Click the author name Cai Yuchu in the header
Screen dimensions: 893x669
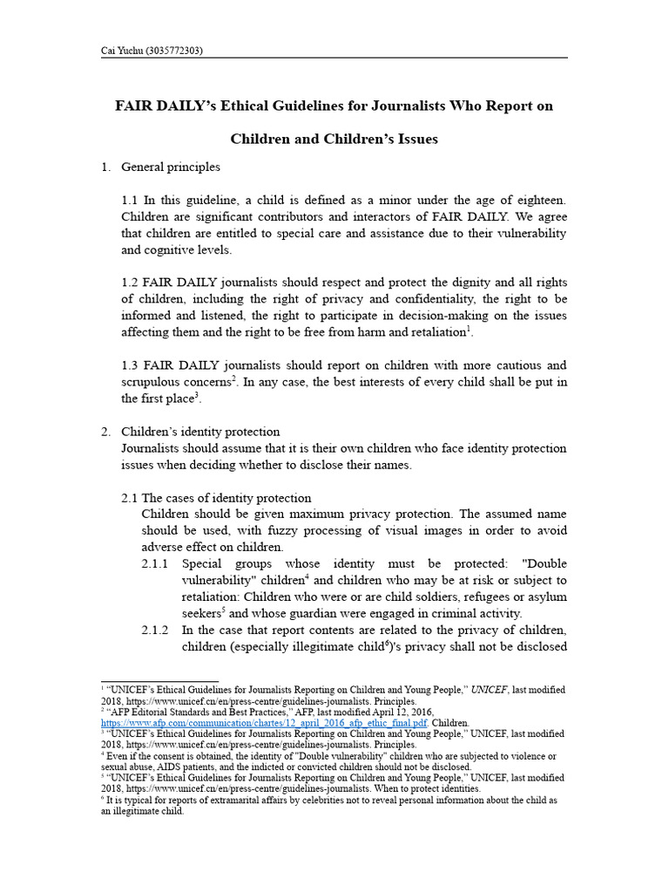125,51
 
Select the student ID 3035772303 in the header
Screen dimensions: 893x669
176,51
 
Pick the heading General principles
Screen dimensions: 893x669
171,167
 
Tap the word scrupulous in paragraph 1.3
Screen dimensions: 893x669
173,381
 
